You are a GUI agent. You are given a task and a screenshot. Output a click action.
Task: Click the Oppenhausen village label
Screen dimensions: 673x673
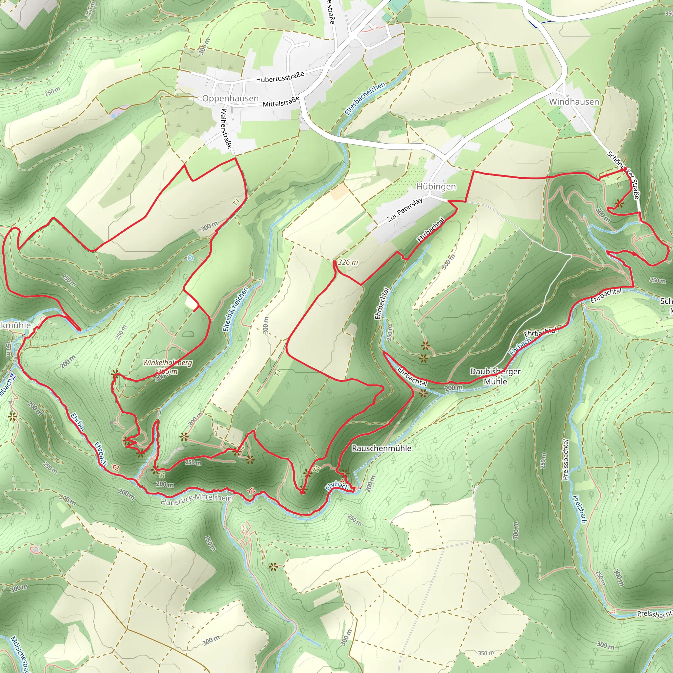click(230, 99)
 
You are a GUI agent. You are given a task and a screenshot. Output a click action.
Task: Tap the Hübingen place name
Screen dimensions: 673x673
click(436, 187)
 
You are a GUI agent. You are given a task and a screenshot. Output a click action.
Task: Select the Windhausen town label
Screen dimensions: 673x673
click(574, 102)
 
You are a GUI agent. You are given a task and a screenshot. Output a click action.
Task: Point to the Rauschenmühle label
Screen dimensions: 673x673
click(382, 448)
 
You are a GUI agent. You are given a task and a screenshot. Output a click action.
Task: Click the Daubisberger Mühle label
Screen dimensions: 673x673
click(495, 376)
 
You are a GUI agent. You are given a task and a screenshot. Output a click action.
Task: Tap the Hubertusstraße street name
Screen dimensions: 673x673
click(280, 77)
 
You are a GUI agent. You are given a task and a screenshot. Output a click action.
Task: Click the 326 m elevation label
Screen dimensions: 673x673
click(348, 262)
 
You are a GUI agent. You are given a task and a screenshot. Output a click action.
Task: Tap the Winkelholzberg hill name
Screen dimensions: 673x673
click(168, 363)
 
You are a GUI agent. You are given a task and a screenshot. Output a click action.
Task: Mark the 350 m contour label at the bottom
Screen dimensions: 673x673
click(485, 653)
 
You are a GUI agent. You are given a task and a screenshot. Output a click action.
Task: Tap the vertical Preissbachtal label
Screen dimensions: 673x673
click(565, 459)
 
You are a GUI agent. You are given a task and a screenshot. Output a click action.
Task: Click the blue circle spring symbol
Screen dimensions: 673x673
click(190, 258)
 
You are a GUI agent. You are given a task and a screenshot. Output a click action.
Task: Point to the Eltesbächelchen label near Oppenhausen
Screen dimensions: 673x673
click(365, 99)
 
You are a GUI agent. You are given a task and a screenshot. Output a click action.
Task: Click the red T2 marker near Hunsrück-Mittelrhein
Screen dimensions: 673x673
click(251, 492)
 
